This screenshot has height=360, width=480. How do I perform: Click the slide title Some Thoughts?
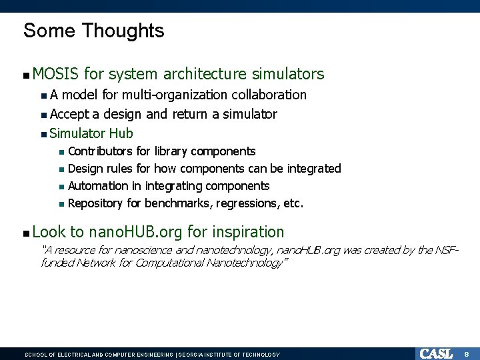(x=93, y=31)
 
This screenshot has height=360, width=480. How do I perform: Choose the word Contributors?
(x=100, y=151)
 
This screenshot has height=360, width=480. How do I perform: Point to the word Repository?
(x=97, y=203)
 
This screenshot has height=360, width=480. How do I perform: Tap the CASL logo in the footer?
(x=436, y=353)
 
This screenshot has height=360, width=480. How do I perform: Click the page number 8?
(x=467, y=353)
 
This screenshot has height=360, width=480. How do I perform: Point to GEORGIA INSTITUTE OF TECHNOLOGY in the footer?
(x=229, y=355)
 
